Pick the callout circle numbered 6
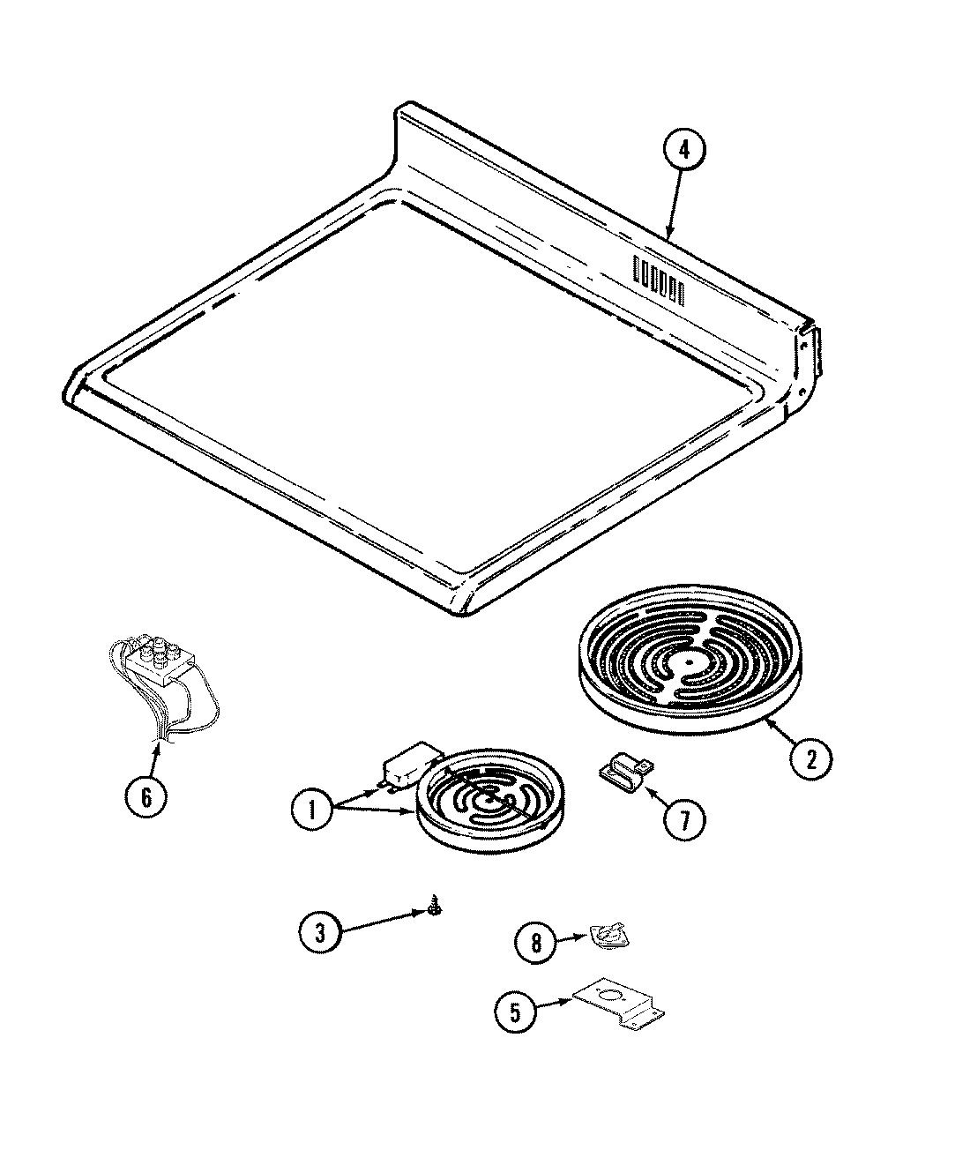[145, 796]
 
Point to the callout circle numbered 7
[684, 819]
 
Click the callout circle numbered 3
[320, 932]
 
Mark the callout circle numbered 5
[513, 1012]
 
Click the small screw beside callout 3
[435, 906]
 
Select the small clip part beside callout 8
[606, 937]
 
